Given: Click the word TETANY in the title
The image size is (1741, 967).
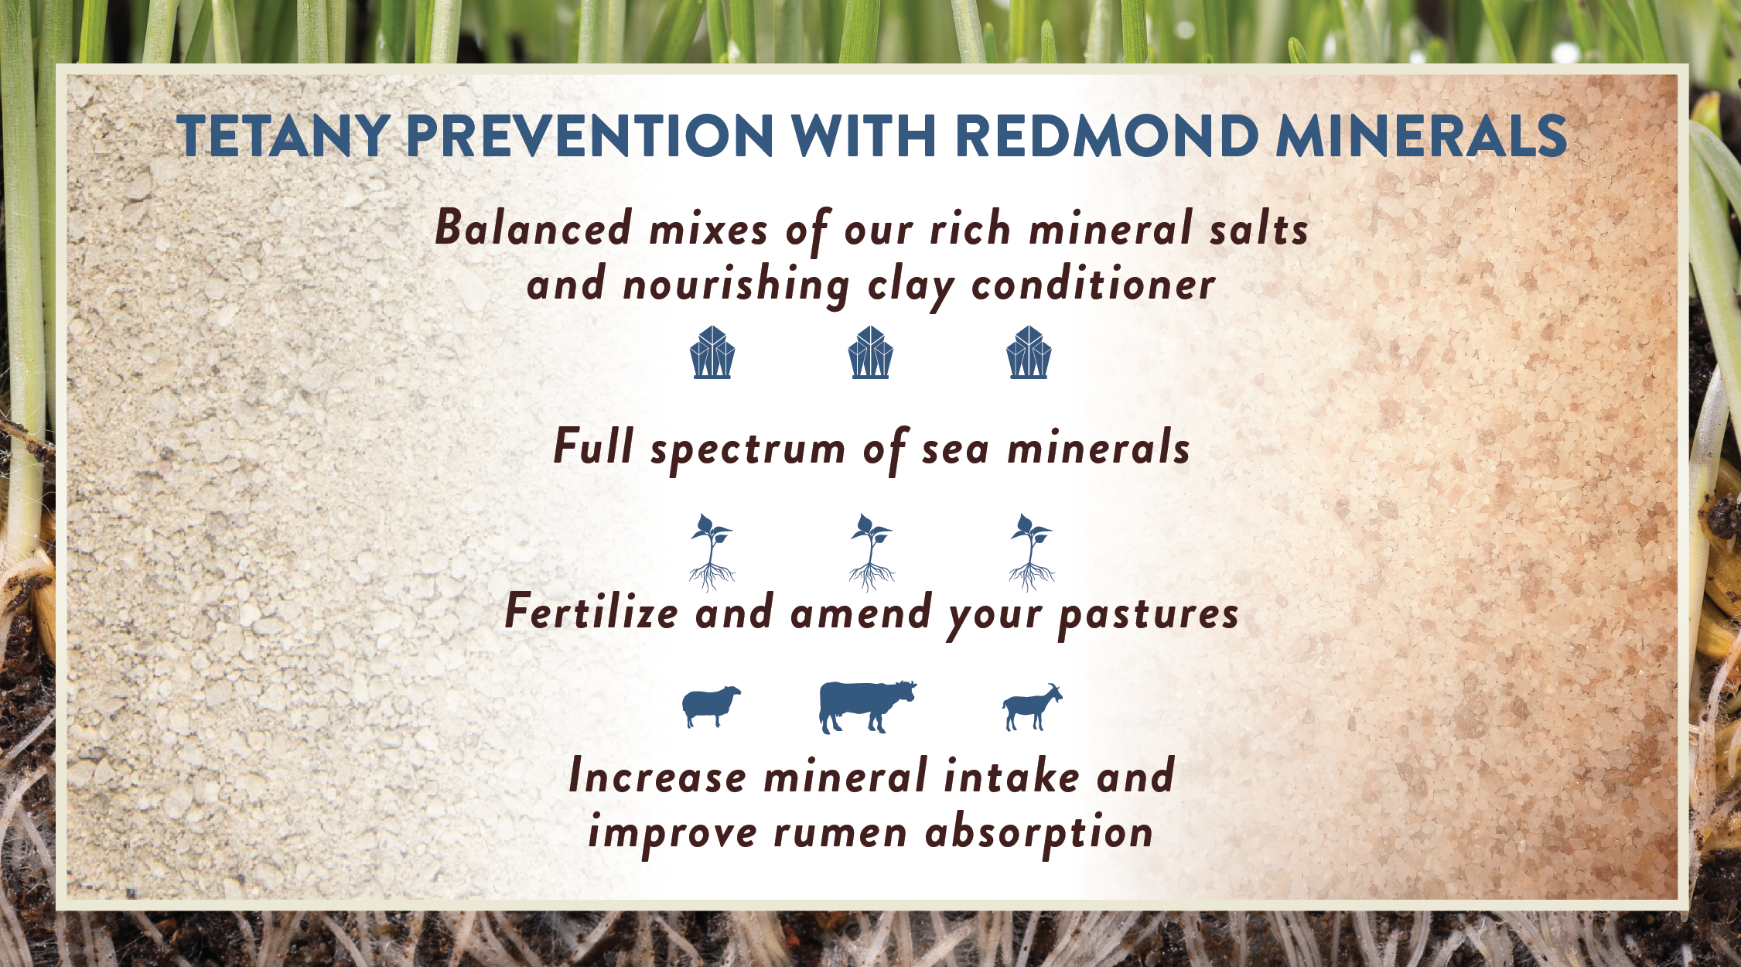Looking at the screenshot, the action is tap(282, 136).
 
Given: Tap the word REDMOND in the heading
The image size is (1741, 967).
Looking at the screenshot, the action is tap(1107, 136).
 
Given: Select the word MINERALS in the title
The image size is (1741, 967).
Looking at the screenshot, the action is tap(1422, 136).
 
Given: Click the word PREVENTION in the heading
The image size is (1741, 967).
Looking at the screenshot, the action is tap(589, 136).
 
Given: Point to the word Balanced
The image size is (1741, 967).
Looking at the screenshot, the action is tap(534, 228).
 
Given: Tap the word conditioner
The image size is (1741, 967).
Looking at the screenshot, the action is tap(1093, 284).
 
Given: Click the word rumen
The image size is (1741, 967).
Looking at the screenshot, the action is tap(840, 834).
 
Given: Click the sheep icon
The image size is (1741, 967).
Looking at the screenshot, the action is tap(711, 706).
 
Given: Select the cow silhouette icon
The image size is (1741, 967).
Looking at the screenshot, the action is tap(867, 707).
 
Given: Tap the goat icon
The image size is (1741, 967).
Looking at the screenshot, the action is tap(1033, 707).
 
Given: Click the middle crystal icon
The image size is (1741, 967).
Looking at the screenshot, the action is tap(870, 352).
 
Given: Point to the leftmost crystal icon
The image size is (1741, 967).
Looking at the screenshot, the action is tap(712, 352).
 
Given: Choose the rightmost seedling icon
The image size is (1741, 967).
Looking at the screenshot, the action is tap(1031, 552).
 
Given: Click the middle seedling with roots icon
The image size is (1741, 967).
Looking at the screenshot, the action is tap(871, 552).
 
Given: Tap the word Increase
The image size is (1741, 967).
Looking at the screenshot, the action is tap(657, 777).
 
